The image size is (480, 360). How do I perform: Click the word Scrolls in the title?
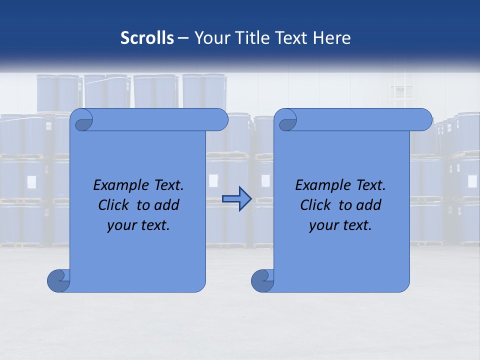pyautogui.click(x=147, y=38)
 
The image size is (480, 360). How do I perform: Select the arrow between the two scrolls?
pyautogui.click(x=236, y=199)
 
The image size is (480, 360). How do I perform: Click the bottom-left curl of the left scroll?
pyautogui.click(x=58, y=280)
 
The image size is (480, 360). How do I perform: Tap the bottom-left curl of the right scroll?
pyautogui.click(x=262, y=280)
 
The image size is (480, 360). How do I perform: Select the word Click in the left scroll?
pyautogui.click(x=113, y=205)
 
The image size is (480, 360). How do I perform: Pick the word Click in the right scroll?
pyautogui.click(x=315, y=205)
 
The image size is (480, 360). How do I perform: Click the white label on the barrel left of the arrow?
pyautogui.click(x=213, y=180)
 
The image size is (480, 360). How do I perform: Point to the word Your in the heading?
pyautogui.click(x=210, y=38)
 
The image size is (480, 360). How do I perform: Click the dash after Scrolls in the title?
pyautogui.click(x=183, y=38)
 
